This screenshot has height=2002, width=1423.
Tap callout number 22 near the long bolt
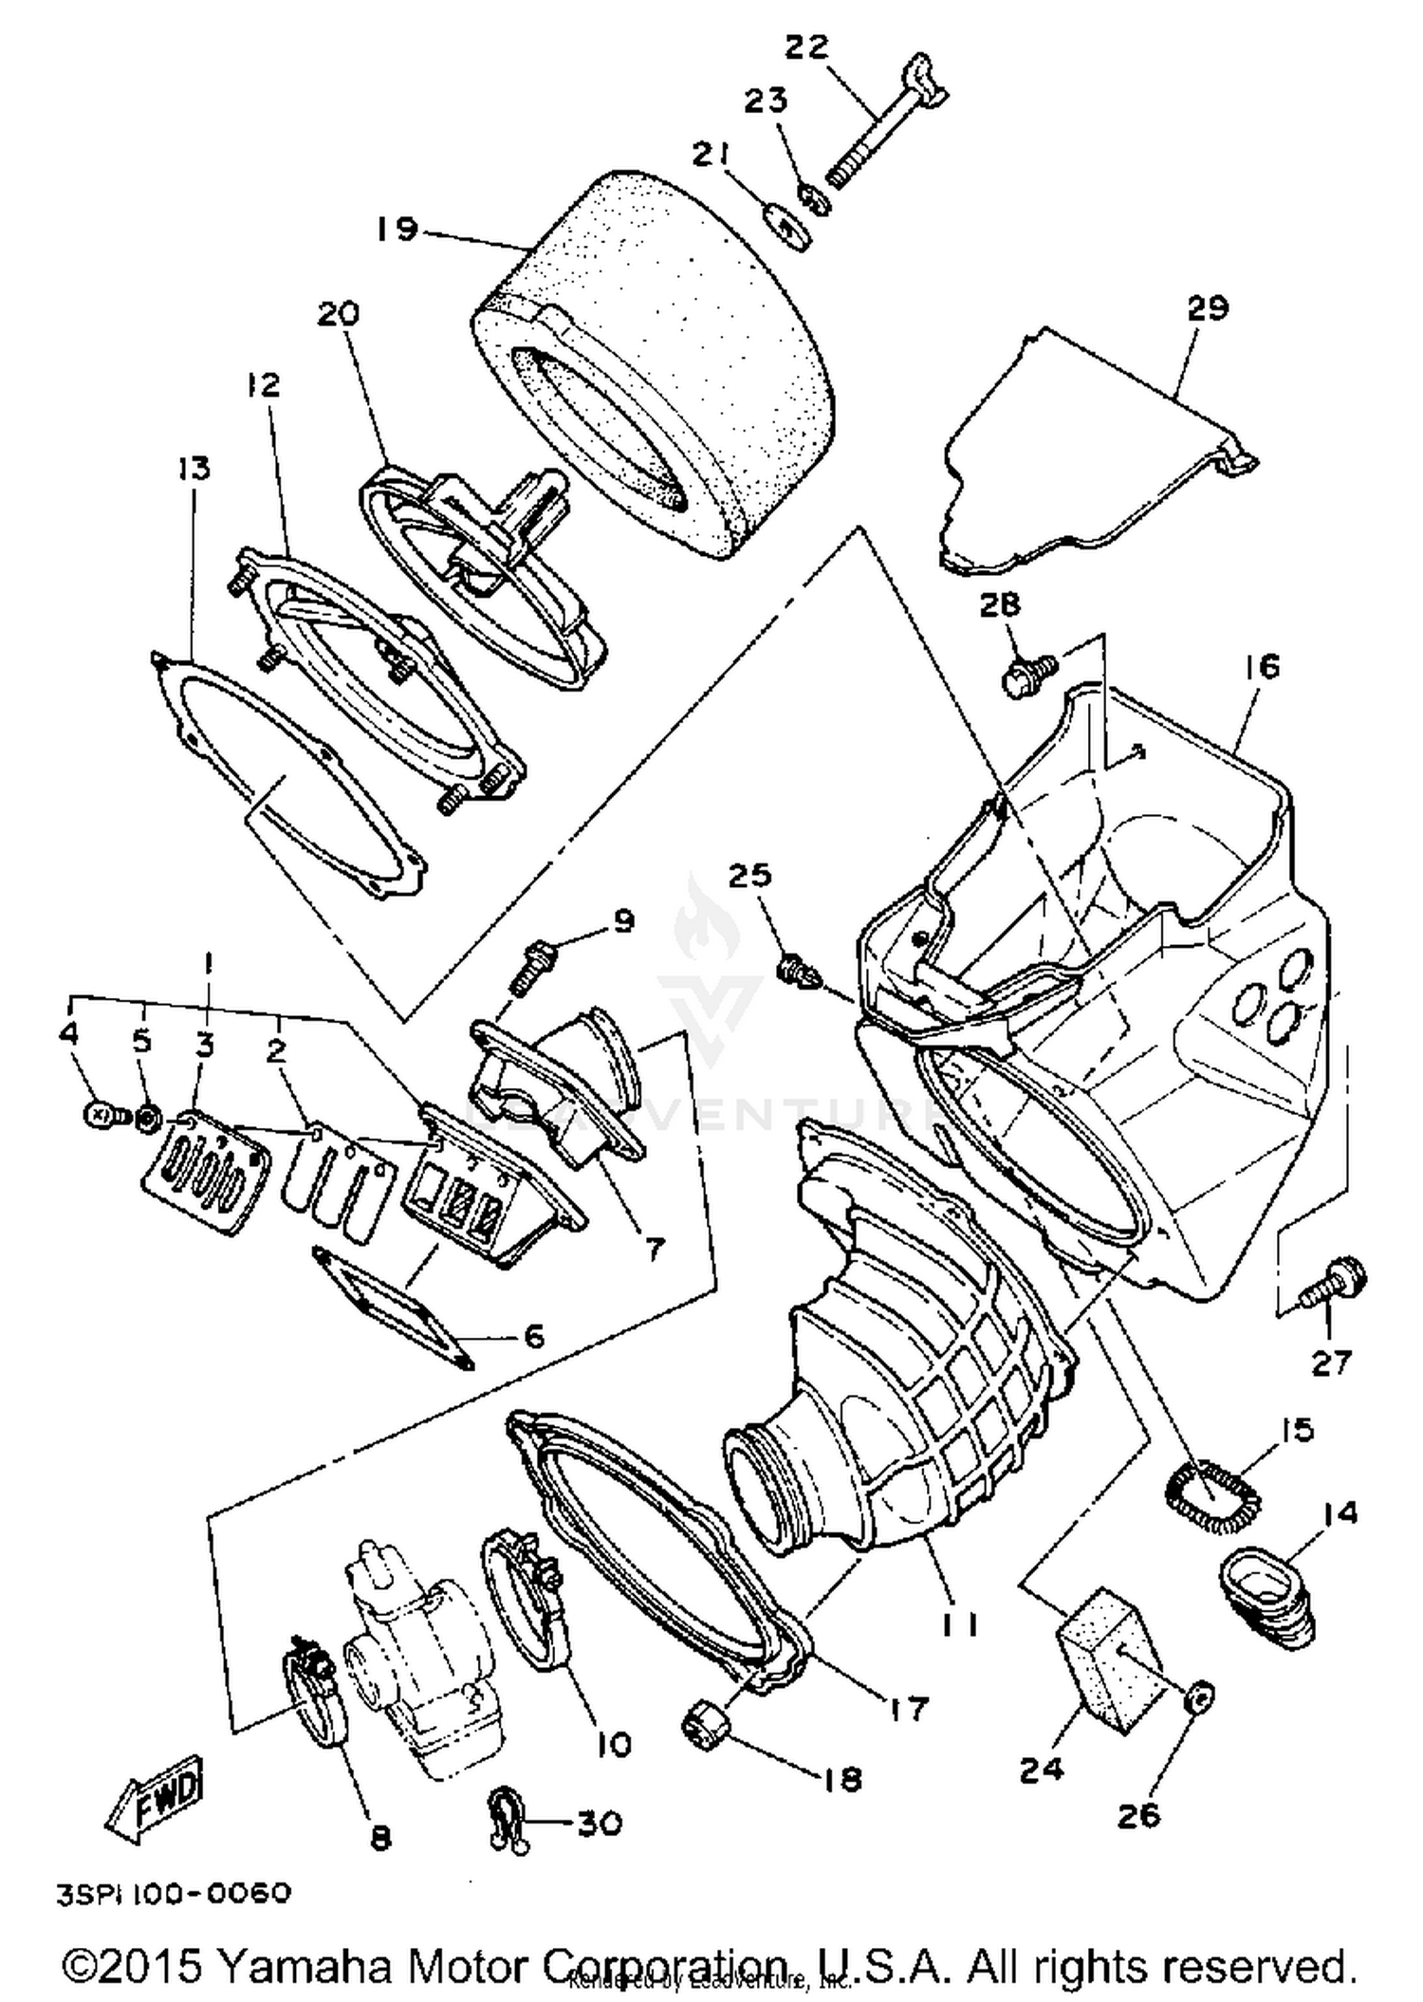click(807, 46)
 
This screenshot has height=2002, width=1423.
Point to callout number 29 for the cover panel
click(1207, 307)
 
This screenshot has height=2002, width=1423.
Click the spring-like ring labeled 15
click(1213, 1496)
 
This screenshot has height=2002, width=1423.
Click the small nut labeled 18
click(705, 1722)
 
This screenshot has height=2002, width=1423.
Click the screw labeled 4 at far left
click(99, 1116)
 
